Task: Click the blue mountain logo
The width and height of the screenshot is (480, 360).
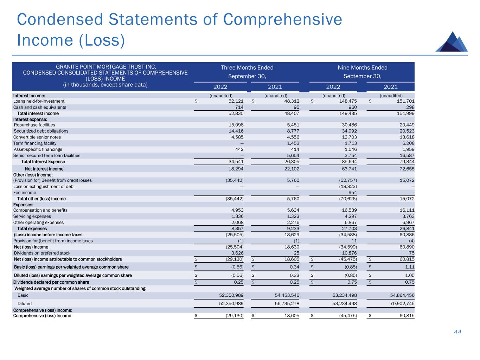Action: [452, 42]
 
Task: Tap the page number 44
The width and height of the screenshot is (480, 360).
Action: [457, 332]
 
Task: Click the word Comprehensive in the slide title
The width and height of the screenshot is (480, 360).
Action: [282, 19]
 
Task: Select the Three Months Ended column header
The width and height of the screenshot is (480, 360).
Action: [247, 67]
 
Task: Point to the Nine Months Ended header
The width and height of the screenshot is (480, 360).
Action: [362, 67]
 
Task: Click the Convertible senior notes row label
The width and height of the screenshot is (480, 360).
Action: [37, 137]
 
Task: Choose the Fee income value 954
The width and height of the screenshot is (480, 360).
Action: [352, 193]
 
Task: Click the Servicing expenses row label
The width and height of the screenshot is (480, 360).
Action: [32, 216]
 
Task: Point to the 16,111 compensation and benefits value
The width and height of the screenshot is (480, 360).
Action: [405, 210]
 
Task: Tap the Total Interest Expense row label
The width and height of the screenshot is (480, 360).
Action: [43, 162]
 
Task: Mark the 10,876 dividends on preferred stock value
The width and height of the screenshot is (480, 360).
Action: [350, 253]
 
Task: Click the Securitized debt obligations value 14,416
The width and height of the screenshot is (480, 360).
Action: [236, 131]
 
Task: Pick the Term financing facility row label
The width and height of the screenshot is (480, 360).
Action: [35, 143]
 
